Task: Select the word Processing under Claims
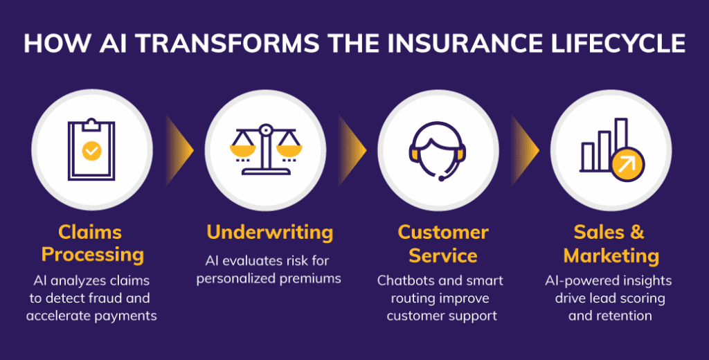[x=92, y=254]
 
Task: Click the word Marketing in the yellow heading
[x=611, y=255]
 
